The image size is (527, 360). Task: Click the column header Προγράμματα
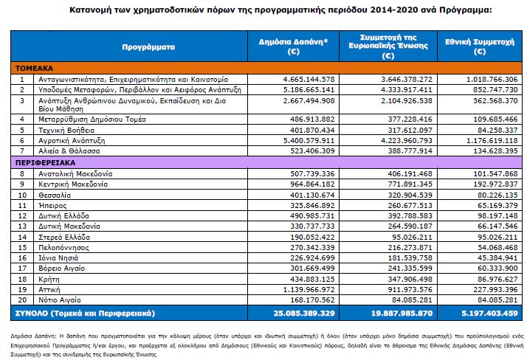click(148, 47)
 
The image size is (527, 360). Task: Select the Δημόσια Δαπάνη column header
click(293, 46)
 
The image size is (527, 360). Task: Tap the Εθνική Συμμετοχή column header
click(480, 46)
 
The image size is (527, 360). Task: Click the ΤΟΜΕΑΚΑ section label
click(34, 69)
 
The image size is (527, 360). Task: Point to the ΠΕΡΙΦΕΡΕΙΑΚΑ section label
click(45, 163)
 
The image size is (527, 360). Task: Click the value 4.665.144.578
click(309, 80)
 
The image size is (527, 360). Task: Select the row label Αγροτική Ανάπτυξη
click(72, 141)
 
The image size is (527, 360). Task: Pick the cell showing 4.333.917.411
click(407, 90)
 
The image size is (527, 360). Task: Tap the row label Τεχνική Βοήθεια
click(66, 131)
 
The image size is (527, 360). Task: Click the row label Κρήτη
click(49, 280)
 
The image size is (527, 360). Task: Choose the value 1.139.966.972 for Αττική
click(309, 289)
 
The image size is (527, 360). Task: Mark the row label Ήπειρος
click(52, 206)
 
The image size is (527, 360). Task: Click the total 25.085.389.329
click(304, 314)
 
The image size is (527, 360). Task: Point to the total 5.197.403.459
click(489, 314)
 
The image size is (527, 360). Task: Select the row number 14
click(22, 238)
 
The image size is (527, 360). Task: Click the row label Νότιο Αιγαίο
click(60, 300)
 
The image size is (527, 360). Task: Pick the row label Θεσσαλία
click(55, 195)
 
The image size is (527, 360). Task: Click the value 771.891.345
click(410, 184)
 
